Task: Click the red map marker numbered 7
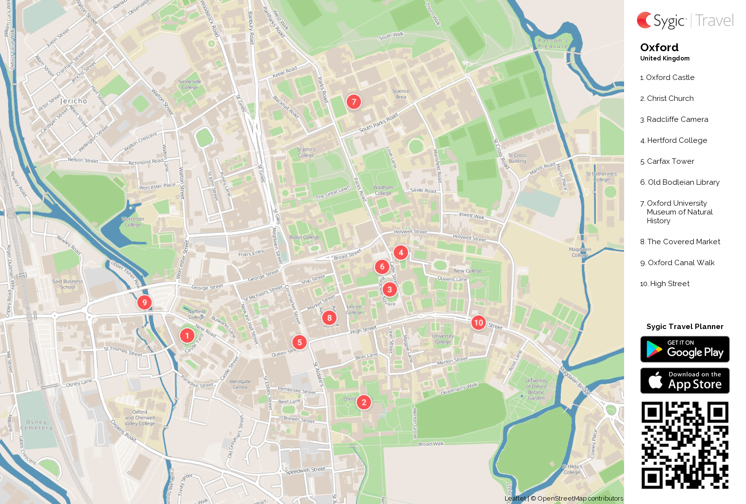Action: point(354,101)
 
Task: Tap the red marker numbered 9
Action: point(144,302)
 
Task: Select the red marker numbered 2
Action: point(364,402)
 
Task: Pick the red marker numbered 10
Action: point(478,322)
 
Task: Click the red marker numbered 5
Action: point(299,342)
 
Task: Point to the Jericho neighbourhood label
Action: point(73,101)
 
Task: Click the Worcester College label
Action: point(133,222)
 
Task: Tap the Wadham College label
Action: point(383,190)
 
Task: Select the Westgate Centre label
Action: point(240,384)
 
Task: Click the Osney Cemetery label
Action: point(37,425)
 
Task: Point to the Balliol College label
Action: point(304,237)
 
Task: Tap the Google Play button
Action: point(685,349)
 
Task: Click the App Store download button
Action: point(685,381)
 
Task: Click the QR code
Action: point(685,445)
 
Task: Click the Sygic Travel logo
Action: point(685,20)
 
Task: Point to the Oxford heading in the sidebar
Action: point(659,47)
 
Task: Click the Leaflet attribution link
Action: point(515,498)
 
